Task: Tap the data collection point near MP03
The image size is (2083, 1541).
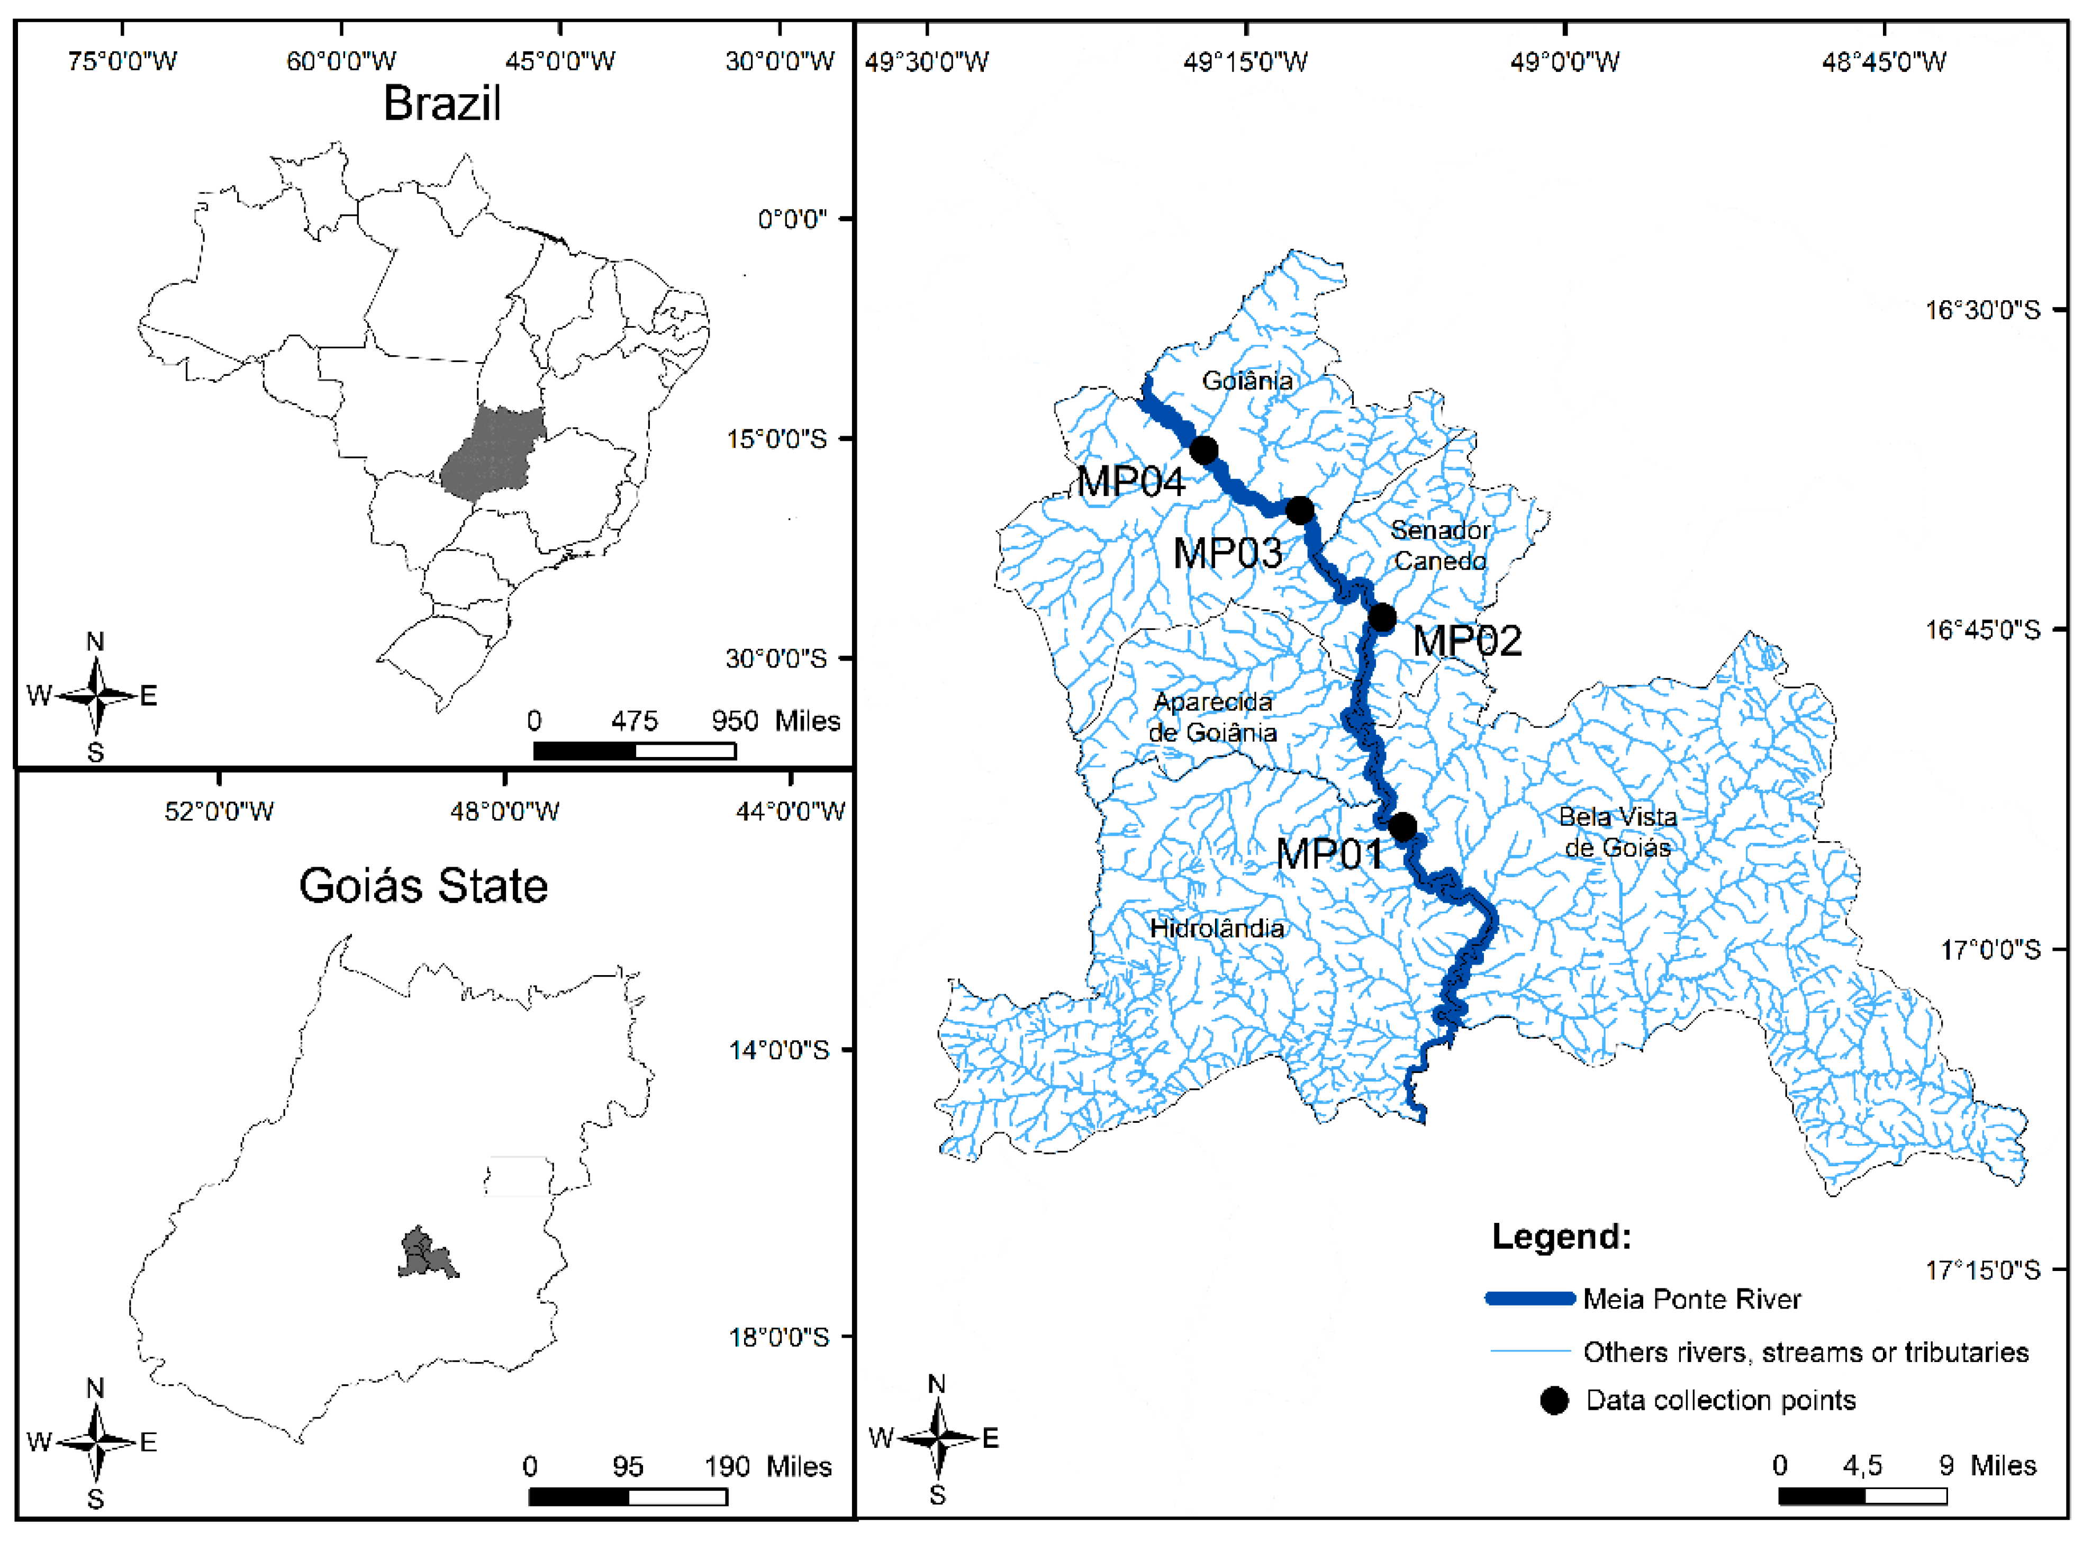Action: [x=1300, y=510]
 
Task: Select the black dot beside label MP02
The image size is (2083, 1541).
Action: [x=1382, y=618]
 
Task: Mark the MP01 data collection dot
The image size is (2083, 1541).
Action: [x=1402, y=826]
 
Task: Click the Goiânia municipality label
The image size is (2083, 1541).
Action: [x=1247, y=381]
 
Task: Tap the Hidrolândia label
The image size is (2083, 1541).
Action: [x=1217, y=928]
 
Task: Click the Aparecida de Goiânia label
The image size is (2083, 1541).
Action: [x=1212, y=716]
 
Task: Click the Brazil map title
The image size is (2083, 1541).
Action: [x=442, y=103]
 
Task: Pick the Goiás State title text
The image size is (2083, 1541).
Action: [x=423, y=885]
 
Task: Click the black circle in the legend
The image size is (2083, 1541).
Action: [x=1553, y=1400]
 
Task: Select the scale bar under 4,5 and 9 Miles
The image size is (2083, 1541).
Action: [x=1862, y=1496]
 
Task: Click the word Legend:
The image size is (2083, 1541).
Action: [x=1561, y=1237]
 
